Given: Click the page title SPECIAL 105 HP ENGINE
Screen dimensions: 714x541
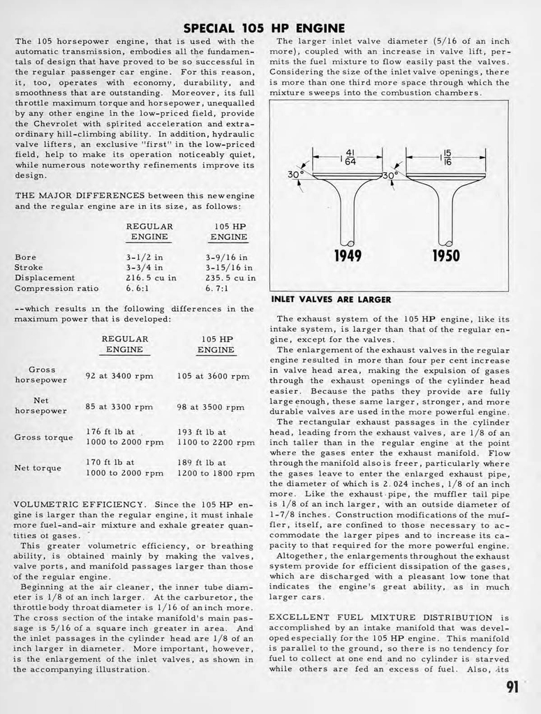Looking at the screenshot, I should [264, 28].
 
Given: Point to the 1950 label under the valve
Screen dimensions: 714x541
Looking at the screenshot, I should [446, 255].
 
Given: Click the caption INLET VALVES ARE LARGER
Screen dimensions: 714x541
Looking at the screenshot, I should [330, 299].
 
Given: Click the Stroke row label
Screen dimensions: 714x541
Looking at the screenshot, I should [29, 267].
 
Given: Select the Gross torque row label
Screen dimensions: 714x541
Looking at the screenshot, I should [43, 437].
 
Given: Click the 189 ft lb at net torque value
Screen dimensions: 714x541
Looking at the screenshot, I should [202, 462].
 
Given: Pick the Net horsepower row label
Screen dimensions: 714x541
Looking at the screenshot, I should [40, 406].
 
